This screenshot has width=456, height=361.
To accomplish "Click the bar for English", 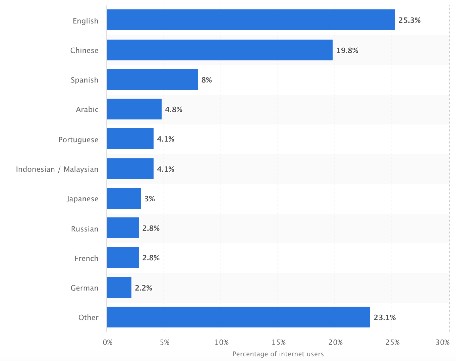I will [251, 20].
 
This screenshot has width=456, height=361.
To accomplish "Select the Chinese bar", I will [220, 50].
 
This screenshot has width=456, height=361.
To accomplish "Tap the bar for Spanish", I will [152, 80].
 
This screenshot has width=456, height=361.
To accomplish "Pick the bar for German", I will [119, 288].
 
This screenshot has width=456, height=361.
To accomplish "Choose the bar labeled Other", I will [238, 317].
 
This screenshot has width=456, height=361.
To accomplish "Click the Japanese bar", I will [124, 198].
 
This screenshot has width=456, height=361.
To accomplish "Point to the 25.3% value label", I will [409, 20].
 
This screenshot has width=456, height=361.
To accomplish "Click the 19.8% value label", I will [347, 50].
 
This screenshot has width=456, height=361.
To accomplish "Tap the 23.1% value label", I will [385, 317].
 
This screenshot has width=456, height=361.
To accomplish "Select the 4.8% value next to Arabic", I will [174, 109].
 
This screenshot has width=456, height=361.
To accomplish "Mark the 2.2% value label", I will [144, 288].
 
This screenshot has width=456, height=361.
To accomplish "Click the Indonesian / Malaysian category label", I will [57, 169].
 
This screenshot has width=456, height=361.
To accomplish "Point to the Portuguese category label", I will [78, 140].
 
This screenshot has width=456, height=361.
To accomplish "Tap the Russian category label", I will [84, 229].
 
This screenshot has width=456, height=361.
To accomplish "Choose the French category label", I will [86, 258].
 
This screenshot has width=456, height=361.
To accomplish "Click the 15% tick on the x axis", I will [279, 343].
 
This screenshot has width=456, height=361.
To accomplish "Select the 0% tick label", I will [108, 343].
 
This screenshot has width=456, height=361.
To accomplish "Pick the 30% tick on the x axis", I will [443, 343].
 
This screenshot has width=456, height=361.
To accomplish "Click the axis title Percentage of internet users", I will [278, 354].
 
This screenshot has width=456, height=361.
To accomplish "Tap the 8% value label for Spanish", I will [207, 80].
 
